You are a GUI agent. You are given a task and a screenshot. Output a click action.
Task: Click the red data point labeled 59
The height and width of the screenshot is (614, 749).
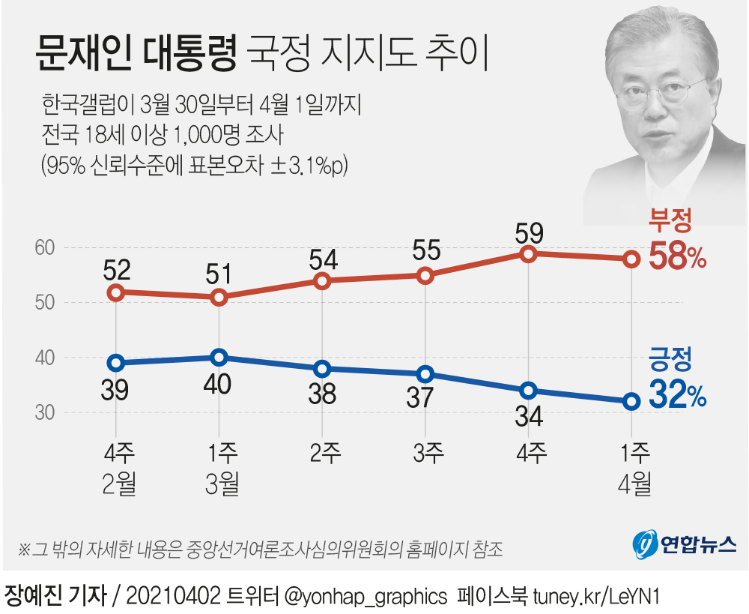(529, 254)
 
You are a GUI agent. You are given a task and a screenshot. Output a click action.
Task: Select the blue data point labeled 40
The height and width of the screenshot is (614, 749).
(219, 358)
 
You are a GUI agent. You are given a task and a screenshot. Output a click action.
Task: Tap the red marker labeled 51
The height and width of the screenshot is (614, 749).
(219, 298)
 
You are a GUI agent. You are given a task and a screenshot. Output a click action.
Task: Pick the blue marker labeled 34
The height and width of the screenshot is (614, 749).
(529, 391)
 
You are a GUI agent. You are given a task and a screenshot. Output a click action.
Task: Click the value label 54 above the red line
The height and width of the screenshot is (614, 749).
(322, 259)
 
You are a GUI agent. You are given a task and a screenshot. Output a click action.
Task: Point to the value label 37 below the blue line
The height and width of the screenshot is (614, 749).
(425, 397)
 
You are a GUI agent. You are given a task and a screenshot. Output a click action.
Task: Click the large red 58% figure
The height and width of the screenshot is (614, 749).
(677, 257)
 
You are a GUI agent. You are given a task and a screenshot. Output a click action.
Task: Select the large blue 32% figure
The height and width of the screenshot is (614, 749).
(677, 395)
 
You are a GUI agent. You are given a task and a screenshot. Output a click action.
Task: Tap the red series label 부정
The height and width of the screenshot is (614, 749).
(669, 221)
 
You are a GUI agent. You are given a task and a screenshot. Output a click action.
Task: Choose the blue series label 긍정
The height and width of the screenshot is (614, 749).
(669, 360)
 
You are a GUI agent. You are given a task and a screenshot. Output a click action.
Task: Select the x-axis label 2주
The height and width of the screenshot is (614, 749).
(322, 453)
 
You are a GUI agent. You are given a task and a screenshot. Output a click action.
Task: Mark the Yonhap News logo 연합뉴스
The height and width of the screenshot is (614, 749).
(684, 543)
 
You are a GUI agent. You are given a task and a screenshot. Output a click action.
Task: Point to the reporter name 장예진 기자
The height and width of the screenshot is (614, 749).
(54, 595)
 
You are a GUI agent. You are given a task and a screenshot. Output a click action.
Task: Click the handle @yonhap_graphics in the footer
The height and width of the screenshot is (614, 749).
(363, 596)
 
